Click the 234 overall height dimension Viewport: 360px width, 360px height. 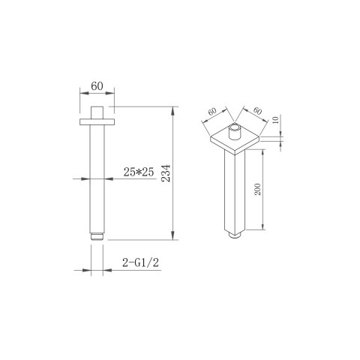click(x=166, y=173)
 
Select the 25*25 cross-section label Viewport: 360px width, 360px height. click(x=139, y=172)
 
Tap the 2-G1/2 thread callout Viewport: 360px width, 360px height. click(x=140, y=262)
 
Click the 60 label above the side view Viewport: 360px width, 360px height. click(x=97, y=86)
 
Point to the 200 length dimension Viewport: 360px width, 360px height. click(x=257, y=189)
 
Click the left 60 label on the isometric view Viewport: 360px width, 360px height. click(x=212, y=111)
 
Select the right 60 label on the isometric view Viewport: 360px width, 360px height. click(x=257, y=110)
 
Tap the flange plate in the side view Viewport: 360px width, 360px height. click(x=97, y=121)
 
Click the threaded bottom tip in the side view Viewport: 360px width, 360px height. click(x=97, y=236)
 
